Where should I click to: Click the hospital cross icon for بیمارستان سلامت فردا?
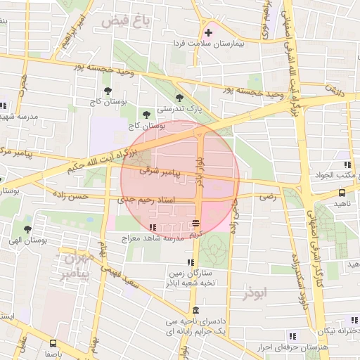[208, 32]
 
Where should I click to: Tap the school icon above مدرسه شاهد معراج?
[153, 226]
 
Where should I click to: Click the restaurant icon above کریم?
[195, 224]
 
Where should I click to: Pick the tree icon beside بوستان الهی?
[27, 229]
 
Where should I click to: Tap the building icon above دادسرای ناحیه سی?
[195, 310]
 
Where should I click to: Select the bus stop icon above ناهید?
[342, 192]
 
